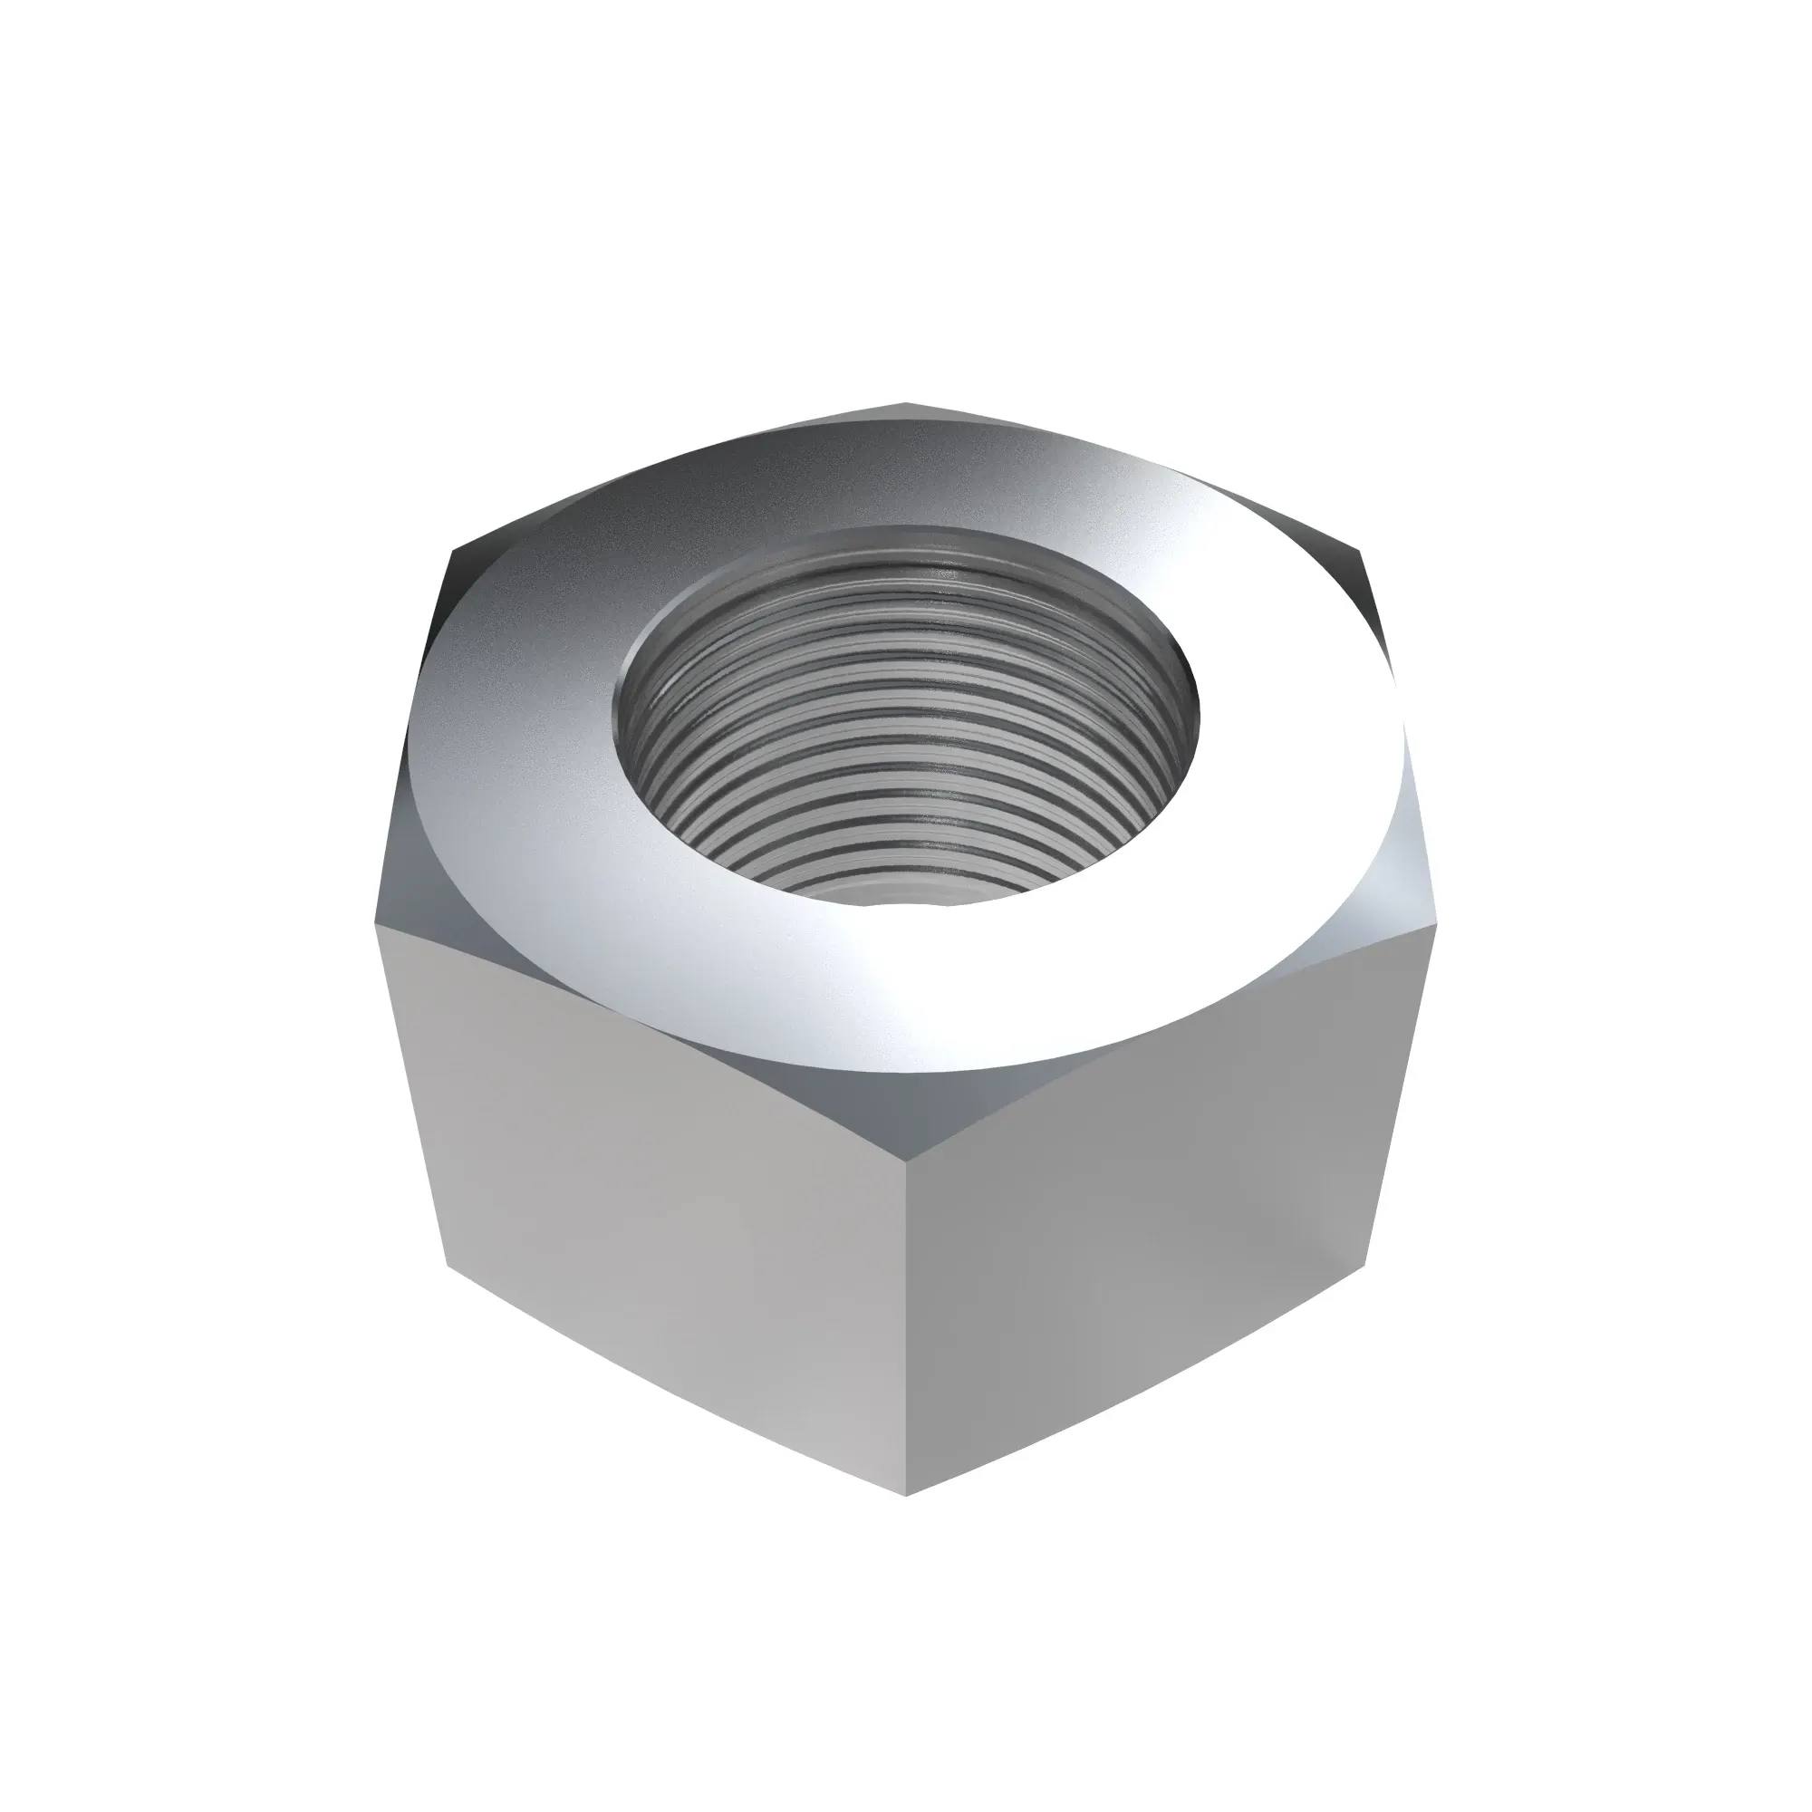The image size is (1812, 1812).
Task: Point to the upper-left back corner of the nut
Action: (x=455, y=549)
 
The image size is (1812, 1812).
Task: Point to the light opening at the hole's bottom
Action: (x=905, y=891)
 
